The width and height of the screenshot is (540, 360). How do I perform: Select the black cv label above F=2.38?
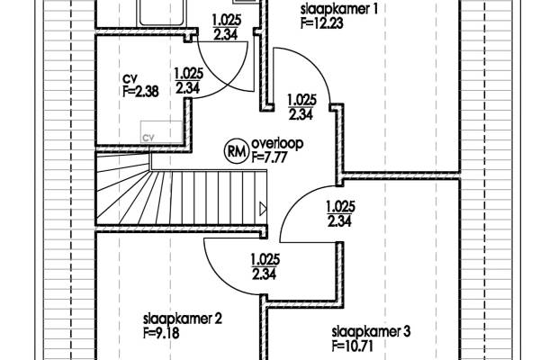coord(129,78)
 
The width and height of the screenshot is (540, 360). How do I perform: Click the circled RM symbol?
coord(236,150)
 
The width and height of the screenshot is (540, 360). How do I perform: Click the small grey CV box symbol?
coord(149,137)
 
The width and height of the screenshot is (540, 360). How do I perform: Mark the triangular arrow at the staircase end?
coord(262,209)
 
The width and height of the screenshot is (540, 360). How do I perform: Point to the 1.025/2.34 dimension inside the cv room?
coord(186,81)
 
